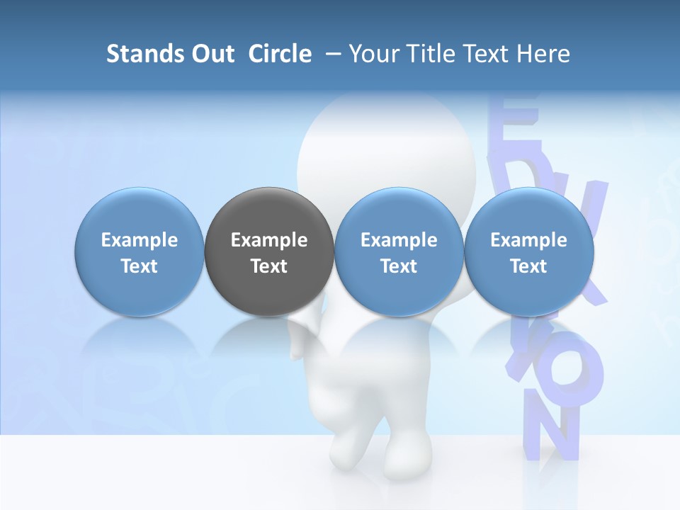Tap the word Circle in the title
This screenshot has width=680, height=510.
click(x=280, y=54)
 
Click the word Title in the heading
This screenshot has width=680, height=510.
click(x=436, y=54)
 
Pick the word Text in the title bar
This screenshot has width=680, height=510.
click(x=493, y=54)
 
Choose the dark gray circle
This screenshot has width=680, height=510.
click(x=269, y=252)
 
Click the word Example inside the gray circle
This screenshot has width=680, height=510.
click(x=269, y=240)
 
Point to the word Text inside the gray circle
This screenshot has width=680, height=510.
click(x=269, y=266)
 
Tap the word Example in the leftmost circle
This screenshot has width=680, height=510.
click(x=140, y=240)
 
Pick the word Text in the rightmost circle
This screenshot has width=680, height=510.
click(x=528, y=266)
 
